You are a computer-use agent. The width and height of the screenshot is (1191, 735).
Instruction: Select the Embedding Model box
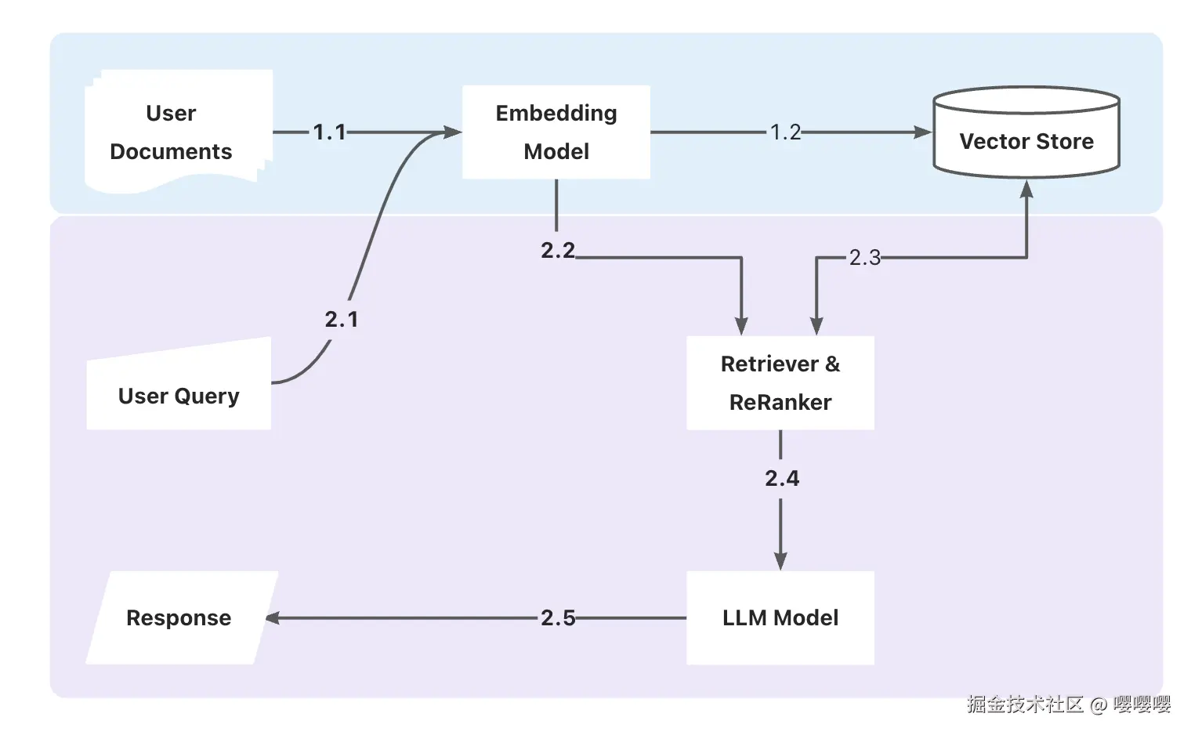(x=556, y=132)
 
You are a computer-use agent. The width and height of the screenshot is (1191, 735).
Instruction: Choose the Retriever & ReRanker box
(x=780, y=382)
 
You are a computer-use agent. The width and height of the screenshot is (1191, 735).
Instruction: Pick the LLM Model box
(x=780, y=617)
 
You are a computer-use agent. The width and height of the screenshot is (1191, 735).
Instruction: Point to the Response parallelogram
(x=180, y=617)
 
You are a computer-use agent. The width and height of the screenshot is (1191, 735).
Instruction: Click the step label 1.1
(x=329, y=132)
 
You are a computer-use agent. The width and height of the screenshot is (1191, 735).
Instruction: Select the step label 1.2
(x=785, y=132)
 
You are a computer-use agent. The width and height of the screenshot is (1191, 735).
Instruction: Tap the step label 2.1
(x=342, y=319)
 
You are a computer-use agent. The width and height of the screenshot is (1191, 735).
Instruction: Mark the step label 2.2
(x=558, y=250)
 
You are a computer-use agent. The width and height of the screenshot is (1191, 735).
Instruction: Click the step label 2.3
(x=865, y=257)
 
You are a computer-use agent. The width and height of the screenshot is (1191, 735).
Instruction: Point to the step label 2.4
(x=782, y=478)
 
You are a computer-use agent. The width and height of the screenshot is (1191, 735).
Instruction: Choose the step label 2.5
(x=558, y=617)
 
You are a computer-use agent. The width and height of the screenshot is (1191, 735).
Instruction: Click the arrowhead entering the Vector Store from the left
(x=923, y=132)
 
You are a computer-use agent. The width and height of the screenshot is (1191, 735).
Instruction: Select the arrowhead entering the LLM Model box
(x=780, y=561)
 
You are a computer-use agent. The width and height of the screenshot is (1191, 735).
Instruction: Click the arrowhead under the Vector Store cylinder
(x=1026, y=189)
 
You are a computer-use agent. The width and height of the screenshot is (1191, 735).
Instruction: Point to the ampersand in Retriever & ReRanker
(x=832, y=364)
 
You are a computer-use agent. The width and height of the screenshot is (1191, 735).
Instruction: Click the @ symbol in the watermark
(x=1099, y=705)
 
